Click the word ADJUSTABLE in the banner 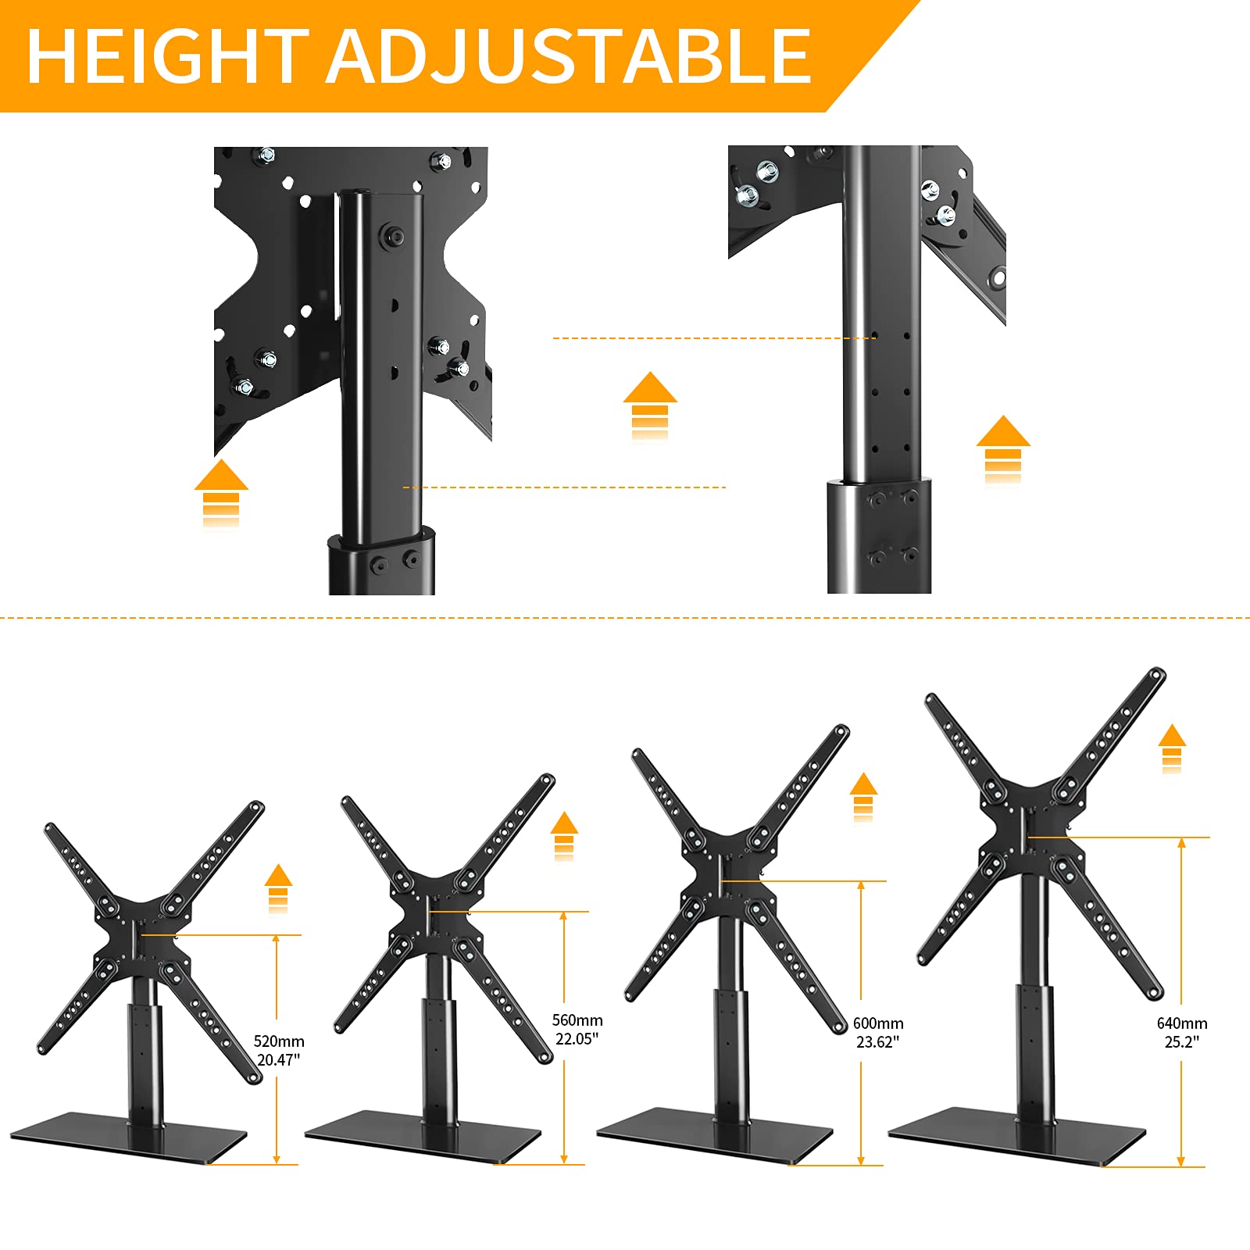click(569, 56)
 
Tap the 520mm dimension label click(279, 1041)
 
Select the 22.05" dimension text click(577, 1039)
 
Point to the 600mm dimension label click(878, 1023)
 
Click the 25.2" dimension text click(1182, 1041)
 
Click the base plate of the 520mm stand click(129, 1137)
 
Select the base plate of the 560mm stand click(422, 1137)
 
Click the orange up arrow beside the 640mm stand click(1172, 748)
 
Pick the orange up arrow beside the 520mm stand click(278, 887)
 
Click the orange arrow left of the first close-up click(221, 492)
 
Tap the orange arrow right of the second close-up click(1003, 448)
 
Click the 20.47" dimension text click(279, 1060)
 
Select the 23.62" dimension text click(878, 1042)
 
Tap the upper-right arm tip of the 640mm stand click(1157, 676)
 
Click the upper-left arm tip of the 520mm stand click(51, 830)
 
